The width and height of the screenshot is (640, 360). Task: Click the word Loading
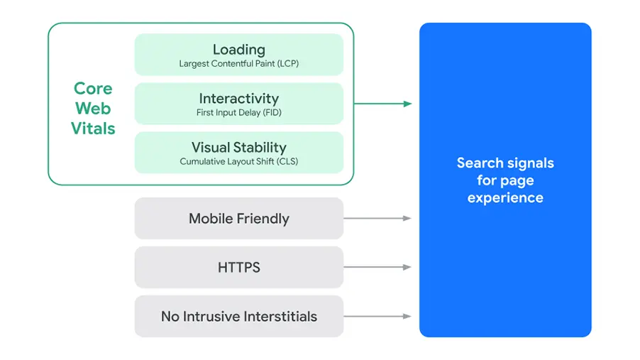pos(238,50)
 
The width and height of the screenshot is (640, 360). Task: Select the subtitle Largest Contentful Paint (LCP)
pos(238,64)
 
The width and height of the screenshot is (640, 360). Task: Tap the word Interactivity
pos(238,99)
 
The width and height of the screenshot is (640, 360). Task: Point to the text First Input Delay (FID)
pos(238,113)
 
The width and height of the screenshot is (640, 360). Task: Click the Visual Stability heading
pos(238,148)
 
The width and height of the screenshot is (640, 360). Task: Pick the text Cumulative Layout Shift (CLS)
pos(238,162)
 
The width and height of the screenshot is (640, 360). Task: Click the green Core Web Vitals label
pos(93,109)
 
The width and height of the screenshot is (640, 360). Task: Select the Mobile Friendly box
pos(238,218)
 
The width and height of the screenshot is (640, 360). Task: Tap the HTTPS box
pos(238,268)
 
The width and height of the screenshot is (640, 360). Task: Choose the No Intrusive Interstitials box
pos(238,316)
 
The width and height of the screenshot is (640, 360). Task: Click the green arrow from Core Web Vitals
pos(383,104)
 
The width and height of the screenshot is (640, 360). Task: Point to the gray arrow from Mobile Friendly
pos(378,218)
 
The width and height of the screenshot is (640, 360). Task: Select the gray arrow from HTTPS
pos(378,268)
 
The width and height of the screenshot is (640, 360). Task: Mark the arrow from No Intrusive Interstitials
pos(378,316)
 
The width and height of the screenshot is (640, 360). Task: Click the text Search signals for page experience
pos(505,180)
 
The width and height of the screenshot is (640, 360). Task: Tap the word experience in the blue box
pos(505,198)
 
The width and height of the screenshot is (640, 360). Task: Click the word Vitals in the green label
pos(93,129)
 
